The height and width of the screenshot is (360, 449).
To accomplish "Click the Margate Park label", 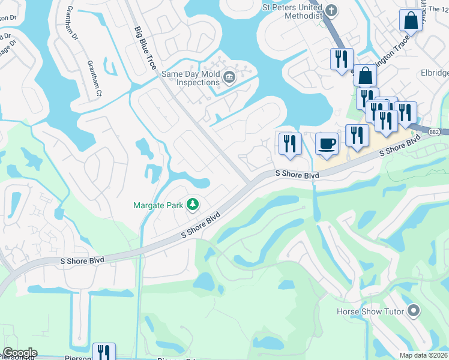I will click(158, 205).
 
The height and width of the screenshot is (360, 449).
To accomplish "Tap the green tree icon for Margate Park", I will click(193, 205).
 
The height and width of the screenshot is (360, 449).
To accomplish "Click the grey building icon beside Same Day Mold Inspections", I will click(229, 77).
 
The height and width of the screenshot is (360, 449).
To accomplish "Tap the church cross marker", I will click(331, 10).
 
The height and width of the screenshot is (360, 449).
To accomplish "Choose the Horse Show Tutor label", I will click(370, 311).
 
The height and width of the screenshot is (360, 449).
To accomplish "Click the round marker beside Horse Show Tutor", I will click(412, 311).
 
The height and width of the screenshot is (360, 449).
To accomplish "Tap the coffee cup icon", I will click(327, 144).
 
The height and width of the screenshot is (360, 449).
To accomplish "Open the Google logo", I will click(20, 353).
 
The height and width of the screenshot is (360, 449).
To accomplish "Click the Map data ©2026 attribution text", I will click(424, 355).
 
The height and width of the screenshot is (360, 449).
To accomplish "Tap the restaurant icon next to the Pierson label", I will click(104, 353).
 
